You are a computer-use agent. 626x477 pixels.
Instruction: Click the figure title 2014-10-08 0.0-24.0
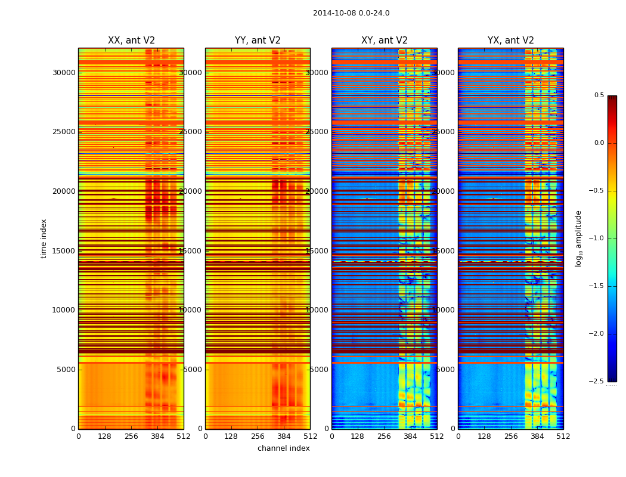click(351, 13)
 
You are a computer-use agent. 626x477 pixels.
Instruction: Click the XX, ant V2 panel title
click(131, 41)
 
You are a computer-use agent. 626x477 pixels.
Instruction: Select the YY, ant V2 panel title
click(258, 41)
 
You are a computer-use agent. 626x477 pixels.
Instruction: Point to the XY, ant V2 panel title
click(385, 41)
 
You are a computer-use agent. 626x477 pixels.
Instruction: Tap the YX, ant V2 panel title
click(511, 41)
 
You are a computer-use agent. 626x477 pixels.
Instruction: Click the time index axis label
click(44, 238)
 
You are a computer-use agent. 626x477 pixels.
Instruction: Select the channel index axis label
click(284, 448)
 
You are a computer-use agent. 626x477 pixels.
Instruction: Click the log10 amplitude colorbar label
click(578, 238)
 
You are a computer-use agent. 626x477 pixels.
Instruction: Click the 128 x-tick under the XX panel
click(105, 436)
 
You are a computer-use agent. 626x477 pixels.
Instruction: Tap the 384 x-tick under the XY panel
click(411, 436)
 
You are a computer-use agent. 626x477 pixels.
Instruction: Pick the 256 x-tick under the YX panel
click(511, 436)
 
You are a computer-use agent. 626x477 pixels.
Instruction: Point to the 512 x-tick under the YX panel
click(563, 436)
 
